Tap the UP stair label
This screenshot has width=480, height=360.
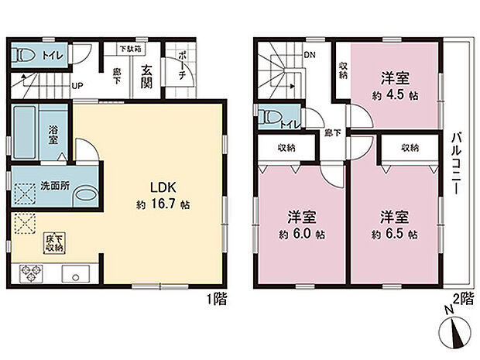pyautogui.click(x=78, y=87)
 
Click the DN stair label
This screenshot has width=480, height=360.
pyautogui.click(x=310, y=55)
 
